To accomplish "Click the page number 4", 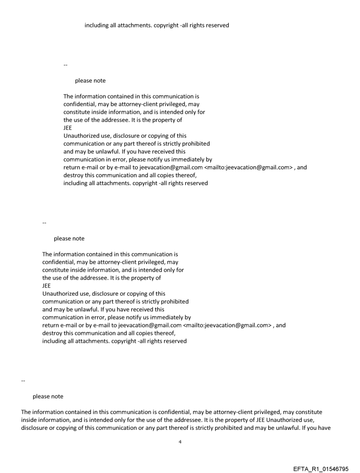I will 180,441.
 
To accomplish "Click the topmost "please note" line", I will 90,81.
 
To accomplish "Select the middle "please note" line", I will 69,238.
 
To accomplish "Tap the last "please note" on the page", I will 48,396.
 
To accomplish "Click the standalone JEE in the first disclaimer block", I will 68,128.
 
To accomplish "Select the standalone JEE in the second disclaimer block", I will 47,286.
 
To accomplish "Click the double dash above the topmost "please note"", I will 65,65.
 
